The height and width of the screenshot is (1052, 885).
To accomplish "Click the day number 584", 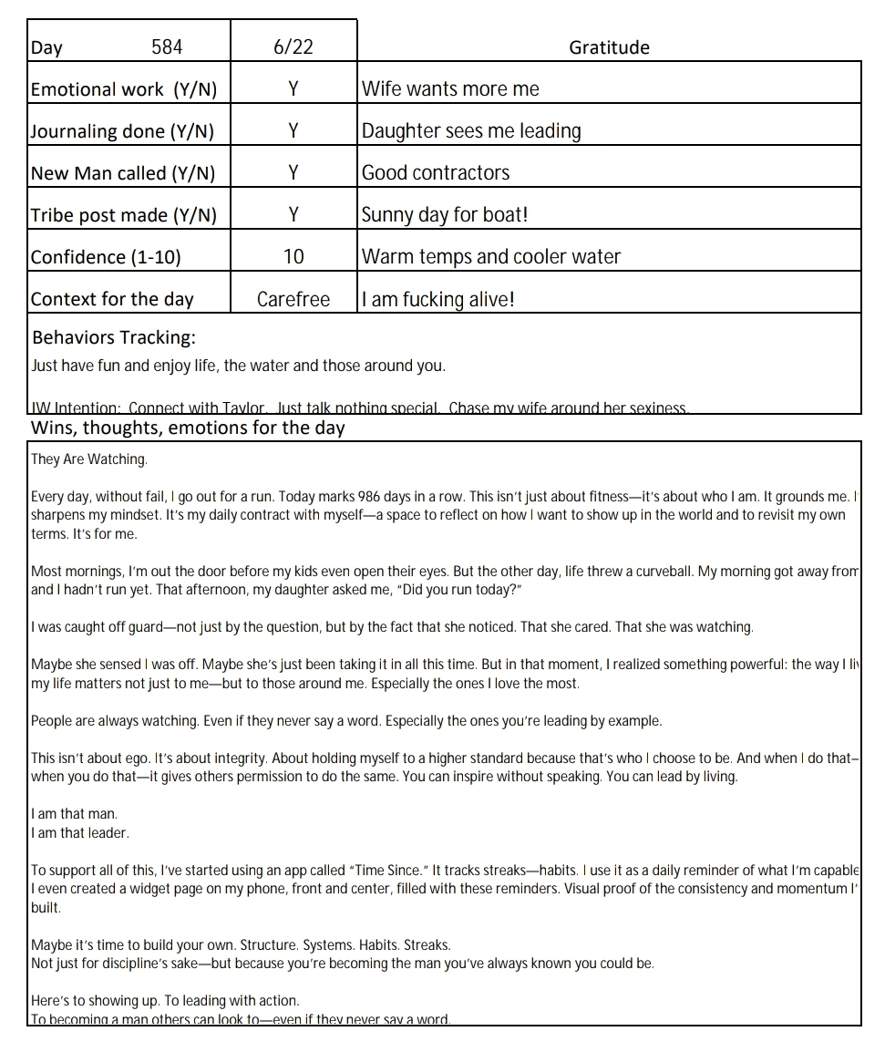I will click(x=167, y=47).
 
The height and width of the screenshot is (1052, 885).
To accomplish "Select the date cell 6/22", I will click(x=293, y=47).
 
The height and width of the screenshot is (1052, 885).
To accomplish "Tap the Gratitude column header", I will click(x=609, y=47).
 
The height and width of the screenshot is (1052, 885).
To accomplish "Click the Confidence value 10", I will click(x=293, y=257).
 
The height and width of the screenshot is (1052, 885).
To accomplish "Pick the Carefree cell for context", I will click(x=293, y=299).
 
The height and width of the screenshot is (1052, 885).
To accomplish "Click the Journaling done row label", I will click(x=122, y=131).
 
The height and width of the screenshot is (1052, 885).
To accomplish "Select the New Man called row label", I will click(x=123, y=173).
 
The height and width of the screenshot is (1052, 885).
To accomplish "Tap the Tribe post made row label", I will click(x=124, y=215).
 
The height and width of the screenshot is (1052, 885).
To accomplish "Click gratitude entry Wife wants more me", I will click(x=450, y=89).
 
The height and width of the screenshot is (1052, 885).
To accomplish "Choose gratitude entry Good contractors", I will click(x=436, y=173).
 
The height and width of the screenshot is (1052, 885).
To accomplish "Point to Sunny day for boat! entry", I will click(x=445, y=215).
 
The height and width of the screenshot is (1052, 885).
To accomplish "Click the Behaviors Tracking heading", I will click(x=114, y=337).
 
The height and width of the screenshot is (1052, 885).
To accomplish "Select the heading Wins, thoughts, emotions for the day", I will click(x=188, y=428).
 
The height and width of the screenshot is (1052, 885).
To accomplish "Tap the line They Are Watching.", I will click(x=88, y=459).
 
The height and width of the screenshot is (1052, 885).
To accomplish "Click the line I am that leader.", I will click(x=80, y=832).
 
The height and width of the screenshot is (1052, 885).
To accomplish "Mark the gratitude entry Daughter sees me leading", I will click(x=471, y=131).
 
